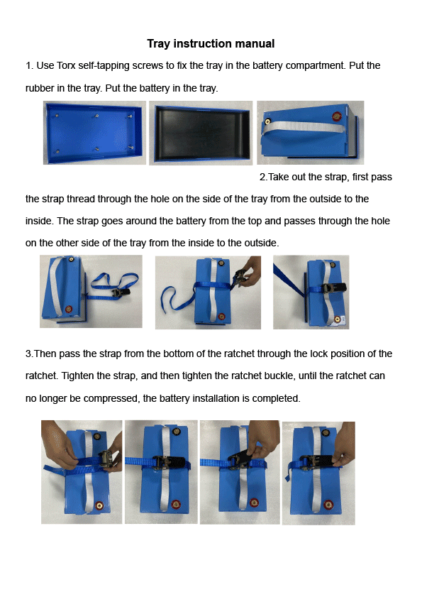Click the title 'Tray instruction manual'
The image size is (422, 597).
pyautogui.click(x=211, y=44)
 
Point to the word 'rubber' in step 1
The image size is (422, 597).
pyautogui.click(x=41, y=88)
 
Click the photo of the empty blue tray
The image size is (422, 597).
pyautogui.click(x=94, y=133)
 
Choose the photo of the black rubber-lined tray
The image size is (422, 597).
pyautogui.click(x=201, y=133)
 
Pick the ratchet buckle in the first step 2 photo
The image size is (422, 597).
pyautogui.click(x=123, y=290)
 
